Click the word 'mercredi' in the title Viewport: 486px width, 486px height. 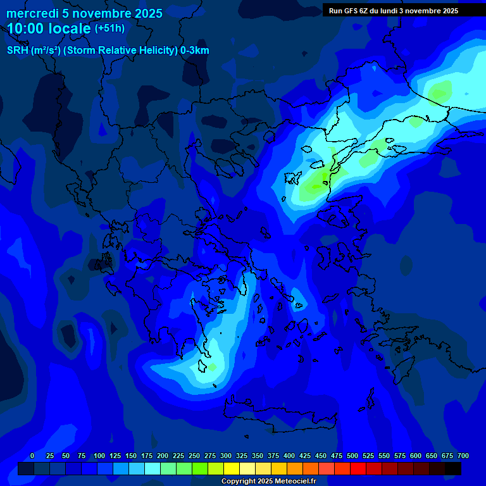click(31, 13)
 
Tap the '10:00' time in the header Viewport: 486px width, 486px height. click(26, 28)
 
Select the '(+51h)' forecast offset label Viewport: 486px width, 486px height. click(109, 28)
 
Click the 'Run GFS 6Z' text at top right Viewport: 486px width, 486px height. click(349, 10)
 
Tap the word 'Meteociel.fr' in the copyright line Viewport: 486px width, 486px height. click(290, 481)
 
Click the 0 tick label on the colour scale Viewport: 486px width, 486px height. click(32, 456)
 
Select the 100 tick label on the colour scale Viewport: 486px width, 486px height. click(99, 456)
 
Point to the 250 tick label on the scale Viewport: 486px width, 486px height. click(194, 456)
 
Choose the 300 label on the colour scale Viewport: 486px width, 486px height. click(226, 456)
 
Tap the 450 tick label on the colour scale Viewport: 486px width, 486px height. click(321, 456)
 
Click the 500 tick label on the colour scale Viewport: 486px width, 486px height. click(352, 456)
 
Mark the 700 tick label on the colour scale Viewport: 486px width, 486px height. click(463, 456)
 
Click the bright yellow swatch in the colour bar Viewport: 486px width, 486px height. click(232, 468)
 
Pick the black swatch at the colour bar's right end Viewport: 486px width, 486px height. click(453, 468)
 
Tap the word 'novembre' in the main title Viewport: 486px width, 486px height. click(101, 13)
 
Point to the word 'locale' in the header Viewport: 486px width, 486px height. click(70, 28)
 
